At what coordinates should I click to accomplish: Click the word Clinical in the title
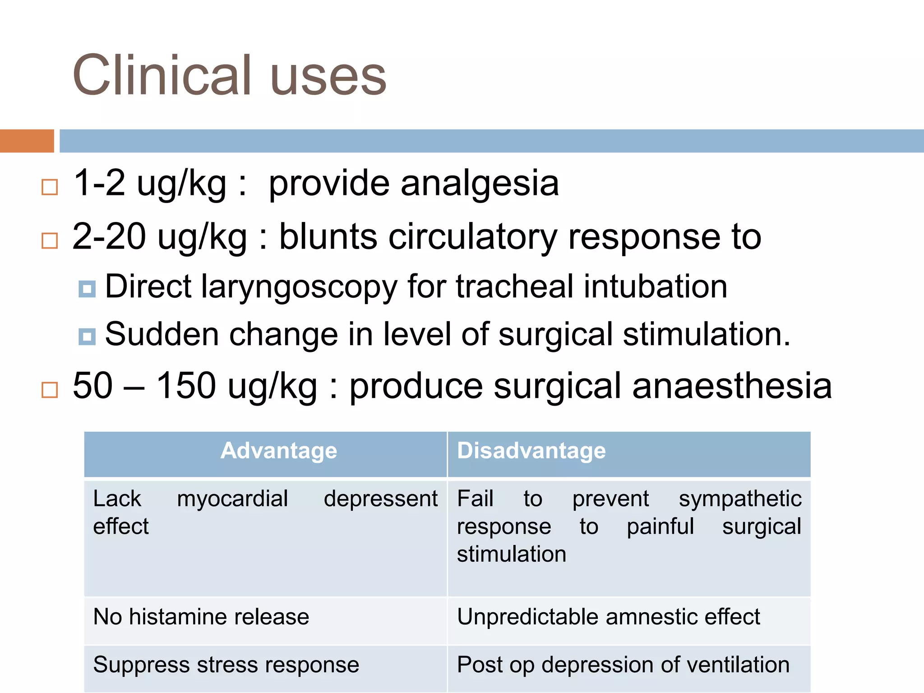coord(163,75)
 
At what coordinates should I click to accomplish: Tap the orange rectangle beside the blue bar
coord(27,141)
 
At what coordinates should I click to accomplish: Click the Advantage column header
coord(279,451)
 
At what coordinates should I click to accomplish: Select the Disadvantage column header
coord(531,451)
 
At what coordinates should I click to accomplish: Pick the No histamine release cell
coord(201,617)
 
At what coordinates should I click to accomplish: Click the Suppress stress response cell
coord(226,665)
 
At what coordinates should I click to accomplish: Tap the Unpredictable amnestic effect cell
coord(608,617)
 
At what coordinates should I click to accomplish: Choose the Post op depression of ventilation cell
coord(623,665)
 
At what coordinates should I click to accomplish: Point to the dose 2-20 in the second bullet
coord(109,236)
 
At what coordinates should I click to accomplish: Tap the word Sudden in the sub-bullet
coord(162,334)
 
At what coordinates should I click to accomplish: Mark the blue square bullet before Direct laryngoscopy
coord(87,289)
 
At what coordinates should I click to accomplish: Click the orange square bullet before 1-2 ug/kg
coord(50,187)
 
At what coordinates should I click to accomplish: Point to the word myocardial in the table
coord(232,499)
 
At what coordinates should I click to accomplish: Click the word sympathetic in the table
coord(740,499)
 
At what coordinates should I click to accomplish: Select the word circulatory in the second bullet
coord(473,236)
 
